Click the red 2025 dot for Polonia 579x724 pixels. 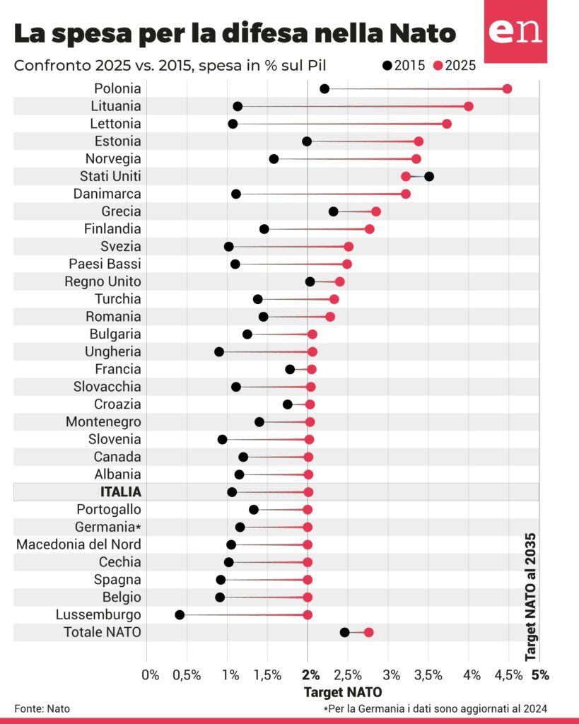click(x=507, y=88)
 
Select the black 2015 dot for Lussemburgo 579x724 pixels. click(x=180, y=614)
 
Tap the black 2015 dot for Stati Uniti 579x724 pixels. click(x=428, y=176)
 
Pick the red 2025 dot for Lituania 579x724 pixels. click(x=468, y=106)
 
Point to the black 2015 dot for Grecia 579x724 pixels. click(x=333, y=211)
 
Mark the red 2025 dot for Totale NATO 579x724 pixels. click(x=368, y=632)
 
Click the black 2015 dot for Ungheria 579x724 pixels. click(x=219, y=351)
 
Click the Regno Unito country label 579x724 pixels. click(x=107, y=281)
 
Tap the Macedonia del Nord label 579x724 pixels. click(x=78, y=544)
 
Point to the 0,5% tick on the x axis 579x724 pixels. click(x=187, y=675)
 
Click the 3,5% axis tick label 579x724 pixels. click(x=428, y=675)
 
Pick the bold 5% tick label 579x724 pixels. click(x=540, y=675)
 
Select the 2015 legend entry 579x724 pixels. click(x=404, y=66)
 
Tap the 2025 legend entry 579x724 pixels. click(x=455, y=66)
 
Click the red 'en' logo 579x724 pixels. click(x=515, y=32)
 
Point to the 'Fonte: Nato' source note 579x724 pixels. click(x=42, y=708)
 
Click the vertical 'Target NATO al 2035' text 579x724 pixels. click(x=531, y=597)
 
